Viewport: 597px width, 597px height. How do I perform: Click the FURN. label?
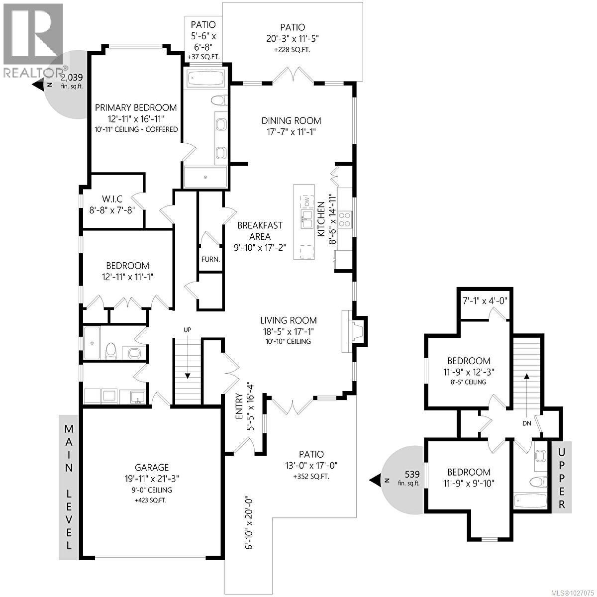pos(210,259)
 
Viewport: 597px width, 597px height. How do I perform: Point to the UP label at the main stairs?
pos(187,330)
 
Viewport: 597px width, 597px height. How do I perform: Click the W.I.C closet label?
pos(112,199)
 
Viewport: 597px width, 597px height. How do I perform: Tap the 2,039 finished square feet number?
pos(72,77)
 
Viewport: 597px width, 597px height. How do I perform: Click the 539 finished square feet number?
pos(412,474)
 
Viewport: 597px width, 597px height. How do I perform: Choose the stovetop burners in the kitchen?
pos(345,219)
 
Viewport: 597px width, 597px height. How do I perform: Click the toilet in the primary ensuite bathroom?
pos(219,100)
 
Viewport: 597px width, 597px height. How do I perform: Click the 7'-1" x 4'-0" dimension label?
pos(485,300)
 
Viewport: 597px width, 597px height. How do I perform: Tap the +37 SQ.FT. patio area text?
pos(203,57)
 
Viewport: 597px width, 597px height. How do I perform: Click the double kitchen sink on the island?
pos(307,219)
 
